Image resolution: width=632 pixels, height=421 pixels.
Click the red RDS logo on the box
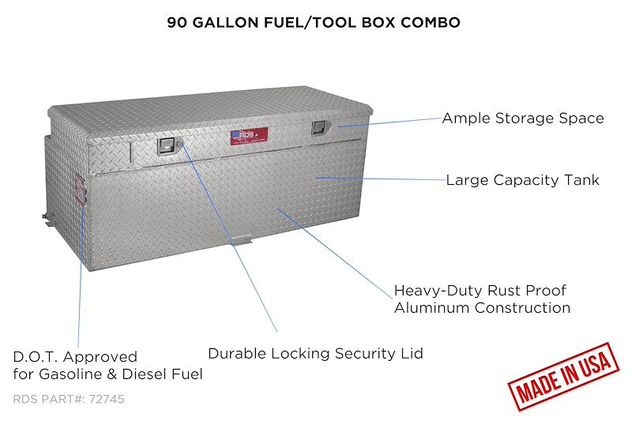point(249,136)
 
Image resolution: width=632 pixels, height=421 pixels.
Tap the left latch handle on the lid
point(166,146)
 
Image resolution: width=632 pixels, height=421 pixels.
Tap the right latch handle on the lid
point(319,128)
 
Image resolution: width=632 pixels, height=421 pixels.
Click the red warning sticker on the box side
point(80,190)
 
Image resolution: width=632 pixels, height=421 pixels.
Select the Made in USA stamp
point(563,376)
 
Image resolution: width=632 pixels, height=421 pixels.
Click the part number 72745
point(107,399)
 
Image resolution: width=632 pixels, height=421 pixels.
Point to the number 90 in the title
point(177,23)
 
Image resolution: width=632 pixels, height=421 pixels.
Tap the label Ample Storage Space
point(523,118)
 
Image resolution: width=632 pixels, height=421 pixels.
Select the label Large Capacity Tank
point(523,180)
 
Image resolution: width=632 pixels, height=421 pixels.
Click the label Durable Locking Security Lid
point(315,353)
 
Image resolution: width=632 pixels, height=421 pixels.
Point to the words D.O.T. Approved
point(75,356)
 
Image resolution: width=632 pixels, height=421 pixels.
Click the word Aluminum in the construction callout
point(432,308)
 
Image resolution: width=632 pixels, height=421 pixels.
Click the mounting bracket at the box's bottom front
point(241,242)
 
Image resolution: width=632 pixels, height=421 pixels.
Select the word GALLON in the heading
point(226,23)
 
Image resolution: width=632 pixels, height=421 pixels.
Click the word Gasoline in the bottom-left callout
point(71,374)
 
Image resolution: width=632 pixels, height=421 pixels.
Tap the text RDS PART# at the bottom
point(50,399)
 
